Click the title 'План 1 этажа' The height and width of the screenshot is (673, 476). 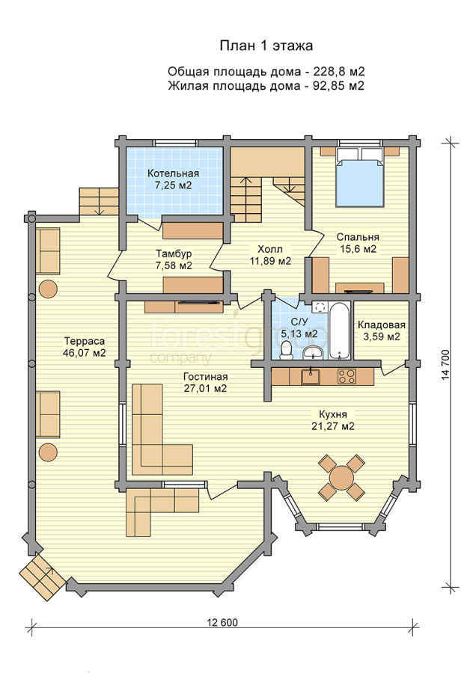(266, 46)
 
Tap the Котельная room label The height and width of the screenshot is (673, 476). (173, 173)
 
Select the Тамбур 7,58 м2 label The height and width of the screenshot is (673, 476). (174, 259)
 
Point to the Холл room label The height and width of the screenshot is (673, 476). (270, 249)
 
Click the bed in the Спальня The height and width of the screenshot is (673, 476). (358, 177)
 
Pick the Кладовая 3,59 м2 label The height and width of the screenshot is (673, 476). (382, 331)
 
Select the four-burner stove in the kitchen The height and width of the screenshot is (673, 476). (347, 376)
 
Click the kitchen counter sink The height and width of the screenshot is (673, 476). (310, 376)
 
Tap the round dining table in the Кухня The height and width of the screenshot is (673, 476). (341, 477)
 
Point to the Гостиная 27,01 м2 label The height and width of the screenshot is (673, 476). (205, 382)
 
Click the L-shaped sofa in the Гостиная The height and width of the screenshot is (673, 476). (157, 430)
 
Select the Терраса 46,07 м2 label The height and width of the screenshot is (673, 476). (85, 347)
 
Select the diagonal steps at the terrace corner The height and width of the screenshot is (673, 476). (42, 577)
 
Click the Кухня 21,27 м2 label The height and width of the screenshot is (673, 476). (333, 420)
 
